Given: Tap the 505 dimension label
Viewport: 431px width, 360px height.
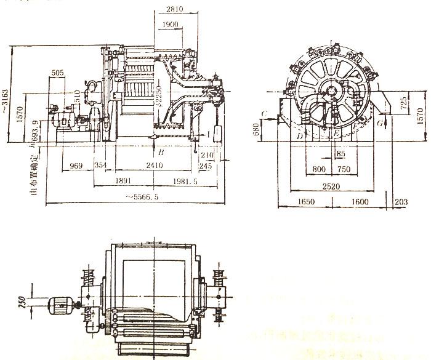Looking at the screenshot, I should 58,73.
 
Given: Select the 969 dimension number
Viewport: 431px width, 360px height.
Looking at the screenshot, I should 76,166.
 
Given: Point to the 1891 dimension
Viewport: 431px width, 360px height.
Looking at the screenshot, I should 124,182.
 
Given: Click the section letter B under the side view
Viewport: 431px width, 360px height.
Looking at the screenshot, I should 161,151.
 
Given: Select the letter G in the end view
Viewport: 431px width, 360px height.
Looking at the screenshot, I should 380,124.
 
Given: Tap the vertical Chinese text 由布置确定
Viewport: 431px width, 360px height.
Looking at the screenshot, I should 34,172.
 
